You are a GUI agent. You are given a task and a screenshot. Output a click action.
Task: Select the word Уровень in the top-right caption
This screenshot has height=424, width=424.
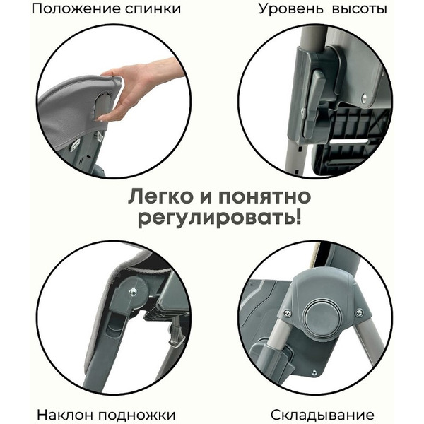[x=286, y=9]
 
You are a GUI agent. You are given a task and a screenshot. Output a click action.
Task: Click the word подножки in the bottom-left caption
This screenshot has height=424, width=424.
[x=139, y=414]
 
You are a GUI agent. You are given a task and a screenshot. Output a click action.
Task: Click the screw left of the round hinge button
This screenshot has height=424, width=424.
[x=286, y=312]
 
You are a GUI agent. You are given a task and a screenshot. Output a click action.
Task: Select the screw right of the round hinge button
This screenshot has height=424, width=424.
[x=359, y=312]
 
